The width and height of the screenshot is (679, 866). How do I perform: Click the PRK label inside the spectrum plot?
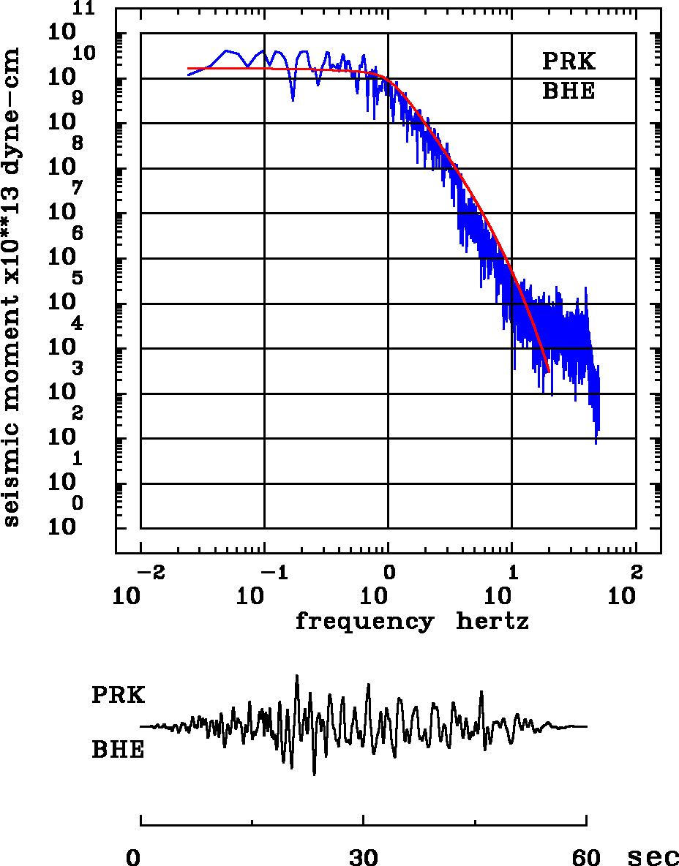569,61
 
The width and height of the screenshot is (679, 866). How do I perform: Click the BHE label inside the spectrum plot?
569,91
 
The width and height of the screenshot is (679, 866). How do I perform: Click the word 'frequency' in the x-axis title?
364,622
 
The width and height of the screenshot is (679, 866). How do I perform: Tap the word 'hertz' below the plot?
492,622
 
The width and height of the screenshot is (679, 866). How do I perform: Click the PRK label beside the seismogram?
118,696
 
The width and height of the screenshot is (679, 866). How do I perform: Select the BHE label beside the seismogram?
118,750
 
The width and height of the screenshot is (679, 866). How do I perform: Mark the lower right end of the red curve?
548,371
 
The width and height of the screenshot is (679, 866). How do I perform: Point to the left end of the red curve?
189,69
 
